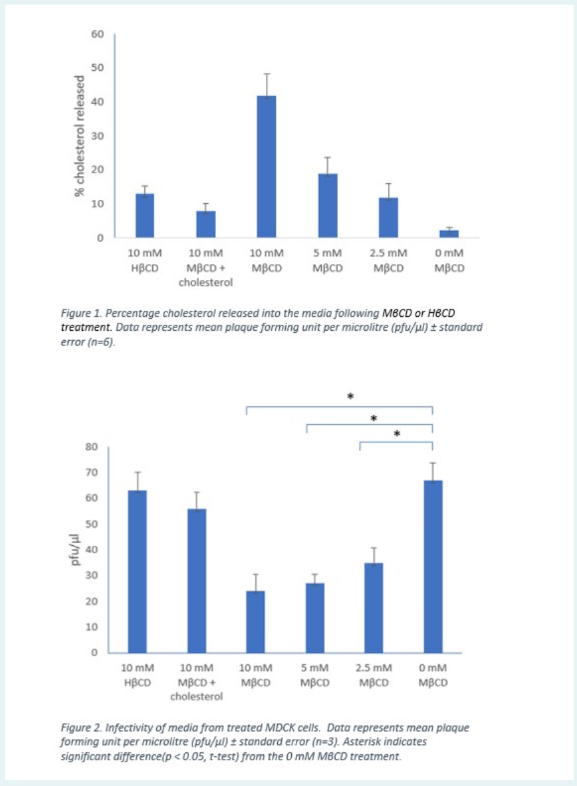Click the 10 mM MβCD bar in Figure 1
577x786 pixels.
coord(266,166)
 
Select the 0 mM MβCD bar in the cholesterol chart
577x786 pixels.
coord(449,234)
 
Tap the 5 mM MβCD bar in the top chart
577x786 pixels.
coord(328,205)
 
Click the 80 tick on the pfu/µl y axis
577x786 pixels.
coord(91,447)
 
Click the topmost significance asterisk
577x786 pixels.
coord(351,396)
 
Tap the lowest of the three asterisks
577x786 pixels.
coord(397,434)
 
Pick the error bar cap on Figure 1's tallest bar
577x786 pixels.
coord(266,74)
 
